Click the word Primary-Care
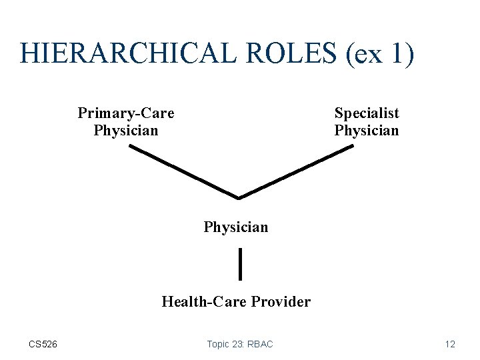click(x=126, y=113)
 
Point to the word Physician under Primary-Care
click(x=126, y=130)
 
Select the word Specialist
click(x=367, y=113)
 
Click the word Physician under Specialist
click(x=367, y=130)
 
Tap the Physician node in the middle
click(x=236, y=227)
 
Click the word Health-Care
click(x=205, y=302)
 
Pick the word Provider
click(x=281, y=302)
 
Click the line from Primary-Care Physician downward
click(x=183, y=171)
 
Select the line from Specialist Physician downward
click(x=297, y=171)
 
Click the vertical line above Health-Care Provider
click(x=239, y=263)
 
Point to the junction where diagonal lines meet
click(x=239, y=197)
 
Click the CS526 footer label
click(x=43, y=344)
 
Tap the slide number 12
click(x=450, y=344)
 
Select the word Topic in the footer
click(x=219, y=344)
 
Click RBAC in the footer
click(x=261, y=344)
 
